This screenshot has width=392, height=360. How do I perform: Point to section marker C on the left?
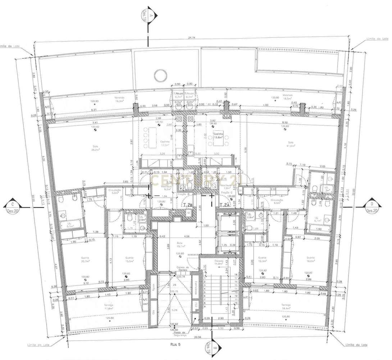tap(13, 207)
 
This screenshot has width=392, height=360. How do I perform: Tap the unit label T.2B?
tap(188, 206)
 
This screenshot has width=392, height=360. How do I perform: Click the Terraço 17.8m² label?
tap(109, 306)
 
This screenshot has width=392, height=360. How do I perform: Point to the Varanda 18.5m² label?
tap(287, 97)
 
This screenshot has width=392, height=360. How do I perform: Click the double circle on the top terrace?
tap(159, 75)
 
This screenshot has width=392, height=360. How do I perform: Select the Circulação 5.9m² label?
tap(115, 192)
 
